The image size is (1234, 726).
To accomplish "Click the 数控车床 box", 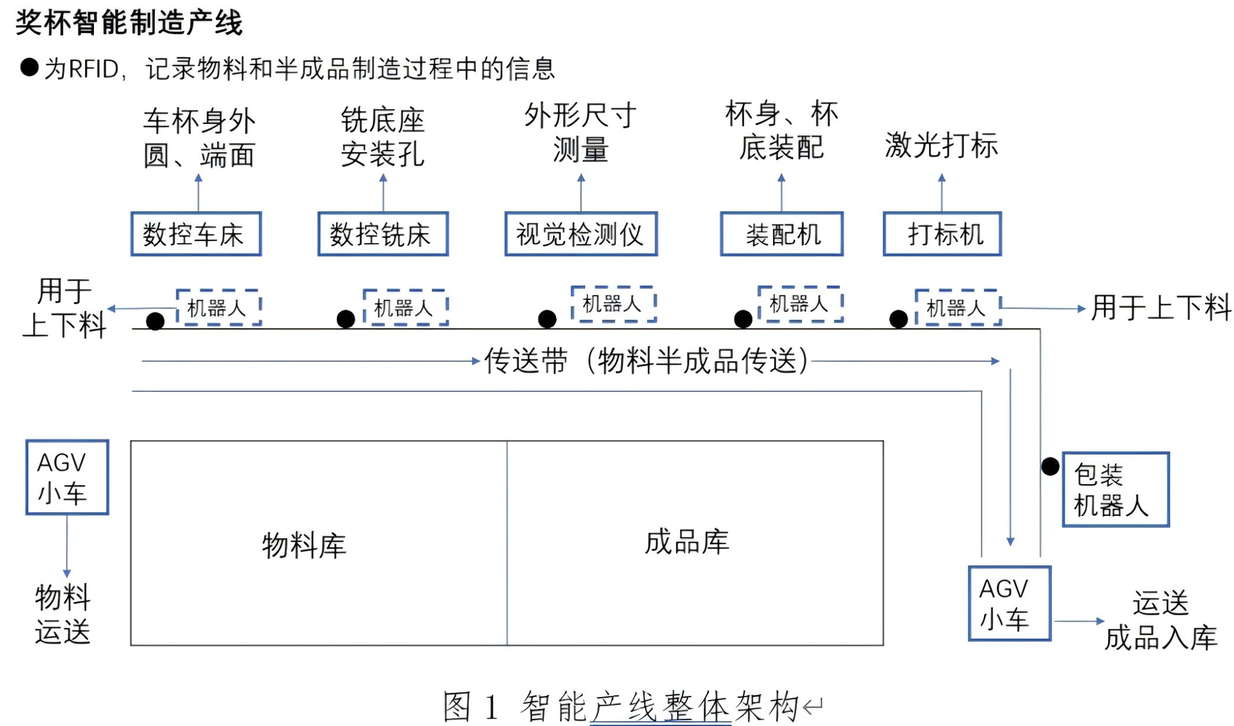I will (x=196, y=234).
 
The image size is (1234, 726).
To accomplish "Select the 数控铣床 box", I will (x=383, y=234).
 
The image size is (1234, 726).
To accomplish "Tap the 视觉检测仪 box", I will (x=580, y=234).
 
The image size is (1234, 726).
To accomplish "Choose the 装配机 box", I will (x=781, y=234).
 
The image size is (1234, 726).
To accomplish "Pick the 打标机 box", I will (x=942, y=234).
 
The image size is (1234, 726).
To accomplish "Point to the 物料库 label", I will (x=304, y=545).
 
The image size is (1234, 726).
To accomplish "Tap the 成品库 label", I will (x=687, y=542).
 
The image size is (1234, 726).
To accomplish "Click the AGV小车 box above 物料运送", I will (x=67, y=477).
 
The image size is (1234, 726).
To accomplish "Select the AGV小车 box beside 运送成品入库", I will (x=1009, y=603).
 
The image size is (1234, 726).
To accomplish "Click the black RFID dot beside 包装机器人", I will (x=1050, y=466).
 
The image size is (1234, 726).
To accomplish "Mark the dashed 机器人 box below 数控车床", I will (x=218, y=308).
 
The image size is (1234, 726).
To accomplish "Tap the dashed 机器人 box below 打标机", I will (x=957, y=308).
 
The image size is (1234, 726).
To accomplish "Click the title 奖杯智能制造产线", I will (x=129, y=23).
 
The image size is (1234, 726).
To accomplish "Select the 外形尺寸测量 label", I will (x=580, y=132).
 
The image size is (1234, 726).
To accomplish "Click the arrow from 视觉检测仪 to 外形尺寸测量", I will (x=581, y=193).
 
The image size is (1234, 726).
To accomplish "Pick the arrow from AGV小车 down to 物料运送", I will (x=67, y=545).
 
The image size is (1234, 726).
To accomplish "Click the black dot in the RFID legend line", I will (x=30, y=67).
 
